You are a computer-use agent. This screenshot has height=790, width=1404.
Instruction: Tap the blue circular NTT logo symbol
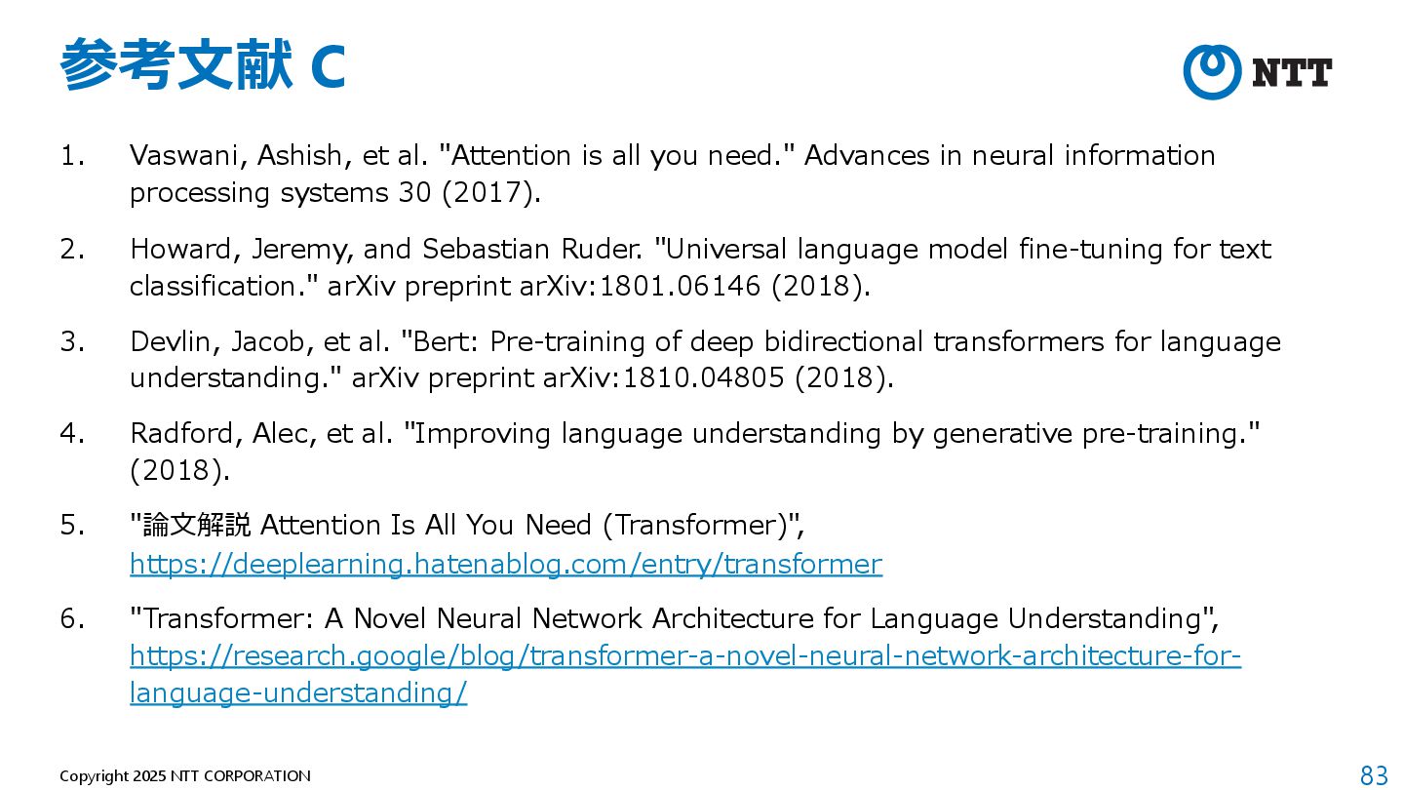pyautogui.click(x=1212, y=72)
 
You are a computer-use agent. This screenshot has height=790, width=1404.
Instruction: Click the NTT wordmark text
pyautogui.click(x=1292, y=73)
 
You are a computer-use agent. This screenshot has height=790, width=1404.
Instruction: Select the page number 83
pyautogui.click(x=1374, y=775)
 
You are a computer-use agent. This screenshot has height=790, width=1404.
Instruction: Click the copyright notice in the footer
pyautogui.click(x=185, y=776)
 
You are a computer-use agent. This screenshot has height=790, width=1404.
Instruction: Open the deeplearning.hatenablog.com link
pyautogui.click(x=505, y=564)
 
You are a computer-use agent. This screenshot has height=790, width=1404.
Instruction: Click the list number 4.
pyautogui.click(x=73, y=433)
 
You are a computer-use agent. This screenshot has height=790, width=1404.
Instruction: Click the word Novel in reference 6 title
pyautogui.click(x=390, y=618)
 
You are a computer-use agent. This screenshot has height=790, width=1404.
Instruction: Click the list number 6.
pyautogui.click(x=73, y=618)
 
